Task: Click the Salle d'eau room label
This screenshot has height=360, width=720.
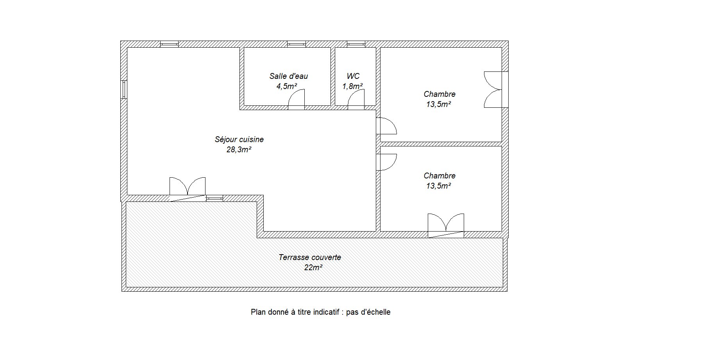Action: tap(289, 76)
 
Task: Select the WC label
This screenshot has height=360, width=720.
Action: tap(353, 76)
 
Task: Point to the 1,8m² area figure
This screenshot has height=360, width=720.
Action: tap(353, 86)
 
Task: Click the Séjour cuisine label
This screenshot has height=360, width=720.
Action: tap(239, 139)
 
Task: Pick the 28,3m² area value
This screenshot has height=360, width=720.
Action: tap(239, 150)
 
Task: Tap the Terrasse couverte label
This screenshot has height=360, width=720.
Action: tap(310, 257)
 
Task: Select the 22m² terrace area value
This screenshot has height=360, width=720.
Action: tap(313, 267)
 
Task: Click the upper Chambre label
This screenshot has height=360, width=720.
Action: tap(440, 94)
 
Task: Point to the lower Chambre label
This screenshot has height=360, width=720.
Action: tap(440, 176)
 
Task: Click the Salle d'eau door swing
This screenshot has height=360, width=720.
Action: tap(297, 99)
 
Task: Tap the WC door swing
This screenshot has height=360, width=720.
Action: tap(356, 99)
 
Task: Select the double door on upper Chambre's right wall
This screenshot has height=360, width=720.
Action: tap(493, 89)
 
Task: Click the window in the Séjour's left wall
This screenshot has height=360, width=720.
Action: tap(124, 89)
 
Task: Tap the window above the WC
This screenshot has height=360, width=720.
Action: tap(356, 44)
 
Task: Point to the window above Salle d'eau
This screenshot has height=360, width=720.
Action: tap(297, 44)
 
